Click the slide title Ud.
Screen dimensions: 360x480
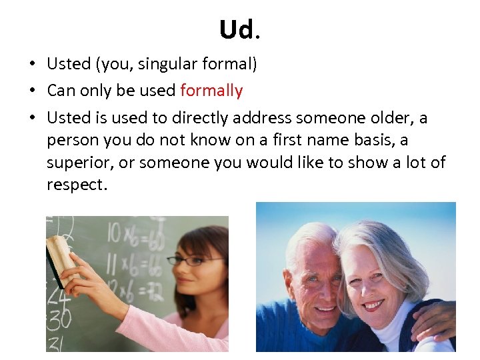coord(237,29)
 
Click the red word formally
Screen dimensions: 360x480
coord(211,91)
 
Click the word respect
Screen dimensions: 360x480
coord(75,185)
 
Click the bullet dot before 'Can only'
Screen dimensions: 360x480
coord(32,91)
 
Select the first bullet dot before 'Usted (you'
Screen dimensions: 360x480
coord(32,64)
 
